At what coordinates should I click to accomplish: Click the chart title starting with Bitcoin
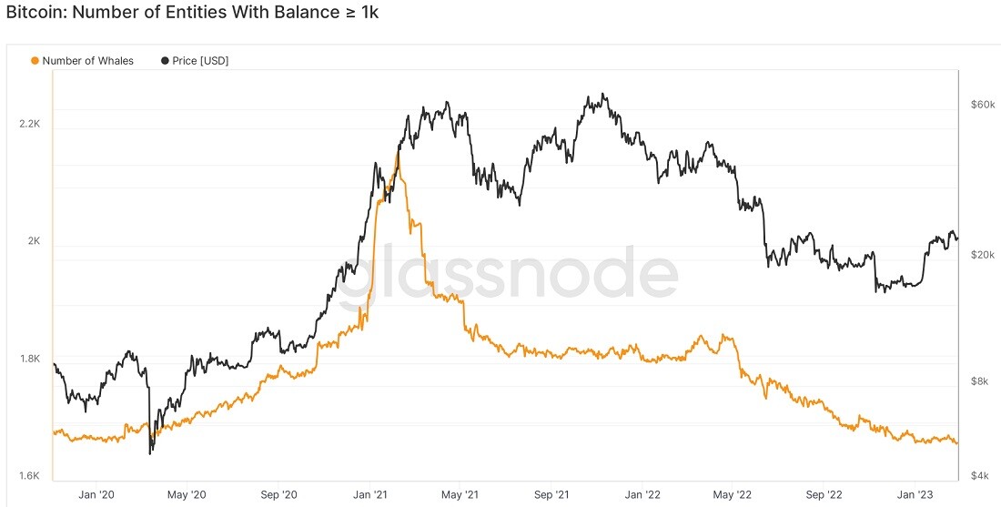[192, 12]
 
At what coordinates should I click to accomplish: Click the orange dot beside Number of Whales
[35, 61]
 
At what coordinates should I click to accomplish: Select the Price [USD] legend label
[200, 61]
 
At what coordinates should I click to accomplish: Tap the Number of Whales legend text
[88, 61]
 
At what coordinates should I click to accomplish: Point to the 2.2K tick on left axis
[29, 124]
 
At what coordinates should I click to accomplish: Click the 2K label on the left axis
[33, 241]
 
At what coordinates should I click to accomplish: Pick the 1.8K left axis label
[29, 359]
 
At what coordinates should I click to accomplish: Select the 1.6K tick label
[29, 476]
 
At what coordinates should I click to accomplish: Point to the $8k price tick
[978, 382]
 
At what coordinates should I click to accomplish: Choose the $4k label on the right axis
[978, 476]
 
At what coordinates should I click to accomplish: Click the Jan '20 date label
[97, 494]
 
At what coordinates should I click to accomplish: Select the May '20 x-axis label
[187, 494]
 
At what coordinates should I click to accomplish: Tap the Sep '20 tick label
[279, 494]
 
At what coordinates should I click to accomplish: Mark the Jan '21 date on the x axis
[371, 494]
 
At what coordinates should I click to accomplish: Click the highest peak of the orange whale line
[398, 153]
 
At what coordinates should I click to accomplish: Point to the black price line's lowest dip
[150, 453]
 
